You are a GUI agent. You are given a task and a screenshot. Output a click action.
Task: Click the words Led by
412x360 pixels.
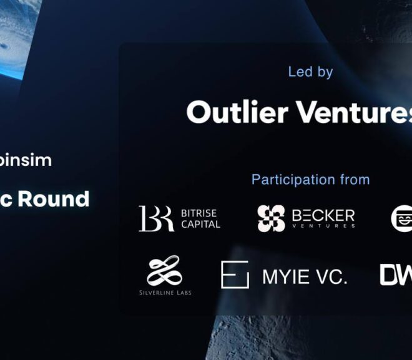[x=310, y=72]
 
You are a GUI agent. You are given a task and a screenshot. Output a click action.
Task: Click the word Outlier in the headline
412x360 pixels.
[x=237, y=112]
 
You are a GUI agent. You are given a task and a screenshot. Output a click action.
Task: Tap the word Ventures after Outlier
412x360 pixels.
[x=353, y=112]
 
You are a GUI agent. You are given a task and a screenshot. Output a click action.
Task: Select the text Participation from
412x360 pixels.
[x=310, y=180]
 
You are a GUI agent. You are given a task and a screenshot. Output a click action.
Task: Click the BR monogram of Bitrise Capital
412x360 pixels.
[x=156, y=218]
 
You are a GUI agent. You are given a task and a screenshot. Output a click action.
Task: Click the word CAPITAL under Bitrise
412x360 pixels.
[x=200, y=224]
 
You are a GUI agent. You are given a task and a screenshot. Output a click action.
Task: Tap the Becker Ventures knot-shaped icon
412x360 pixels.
[x=272, y=218]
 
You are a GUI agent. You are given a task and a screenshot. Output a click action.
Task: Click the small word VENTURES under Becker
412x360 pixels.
[x=323, y=227]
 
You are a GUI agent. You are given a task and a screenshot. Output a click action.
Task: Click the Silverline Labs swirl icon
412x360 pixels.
[x=165, y=270]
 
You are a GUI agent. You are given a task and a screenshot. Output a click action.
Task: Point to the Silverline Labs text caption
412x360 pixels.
[x=165, y=292]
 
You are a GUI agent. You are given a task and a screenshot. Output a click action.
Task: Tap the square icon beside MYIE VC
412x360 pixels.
[x=235, y=275]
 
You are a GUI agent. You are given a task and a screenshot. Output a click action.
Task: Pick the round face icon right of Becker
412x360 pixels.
[x=401, y=217]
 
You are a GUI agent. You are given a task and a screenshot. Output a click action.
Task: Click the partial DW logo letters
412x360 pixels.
[x=396, y=275]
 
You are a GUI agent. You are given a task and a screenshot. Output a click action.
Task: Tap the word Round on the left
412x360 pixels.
[x=54, y=199]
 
